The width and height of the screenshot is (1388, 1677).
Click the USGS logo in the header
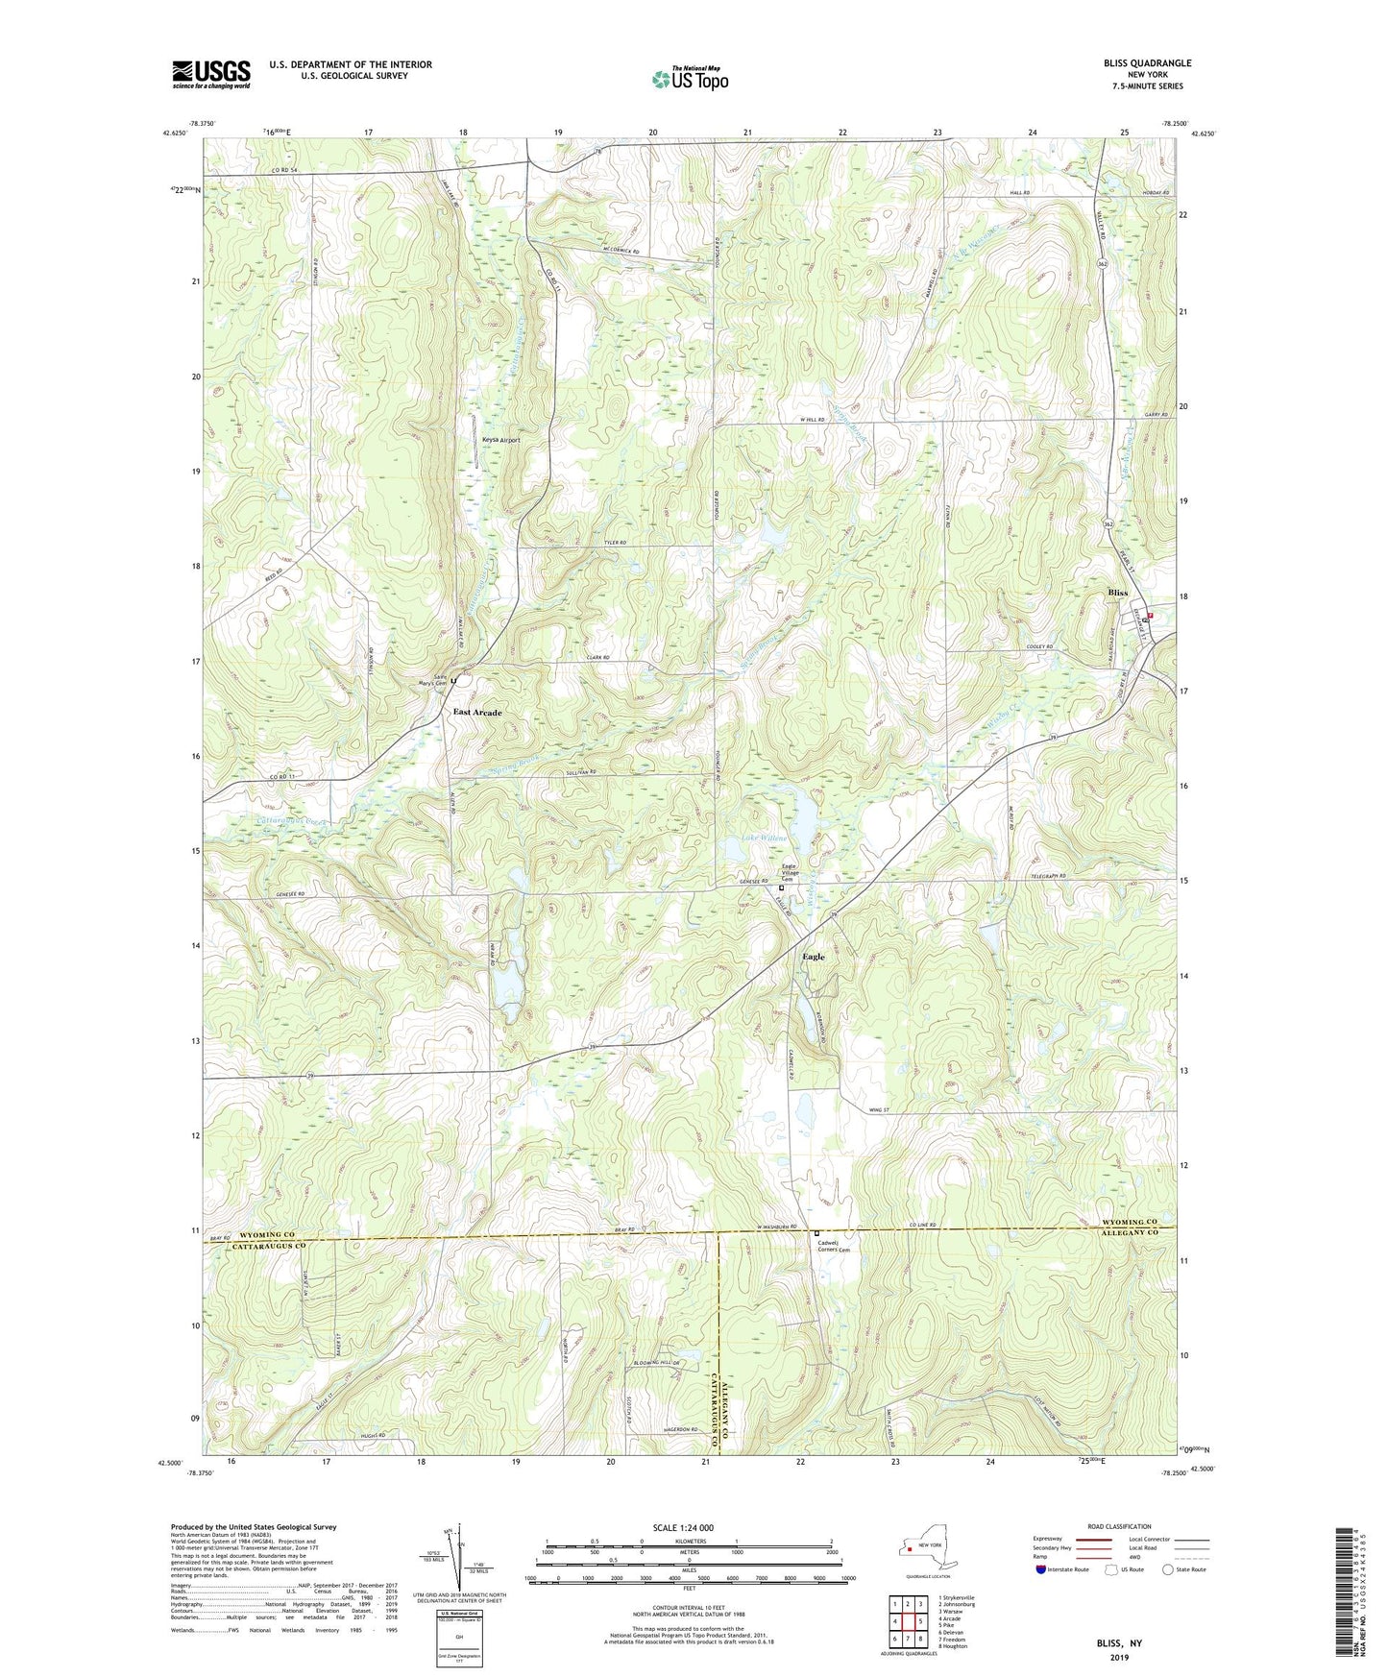pyautogui.click(x=211, y=74)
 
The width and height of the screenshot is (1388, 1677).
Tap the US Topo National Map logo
pyautogui.click(x=690, y=79)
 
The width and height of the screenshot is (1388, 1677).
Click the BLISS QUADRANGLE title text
pyautogui.click(x=1147, y=63)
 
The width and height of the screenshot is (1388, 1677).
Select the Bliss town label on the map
pyautogui.click(x=1117, y=594)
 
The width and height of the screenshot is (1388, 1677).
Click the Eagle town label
pyautogui.click(x=813, y=957)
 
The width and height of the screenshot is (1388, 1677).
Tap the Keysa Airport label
pyautogui.click(x=500, y=441)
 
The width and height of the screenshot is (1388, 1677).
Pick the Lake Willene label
pyautogui.click(x=764, y=838)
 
